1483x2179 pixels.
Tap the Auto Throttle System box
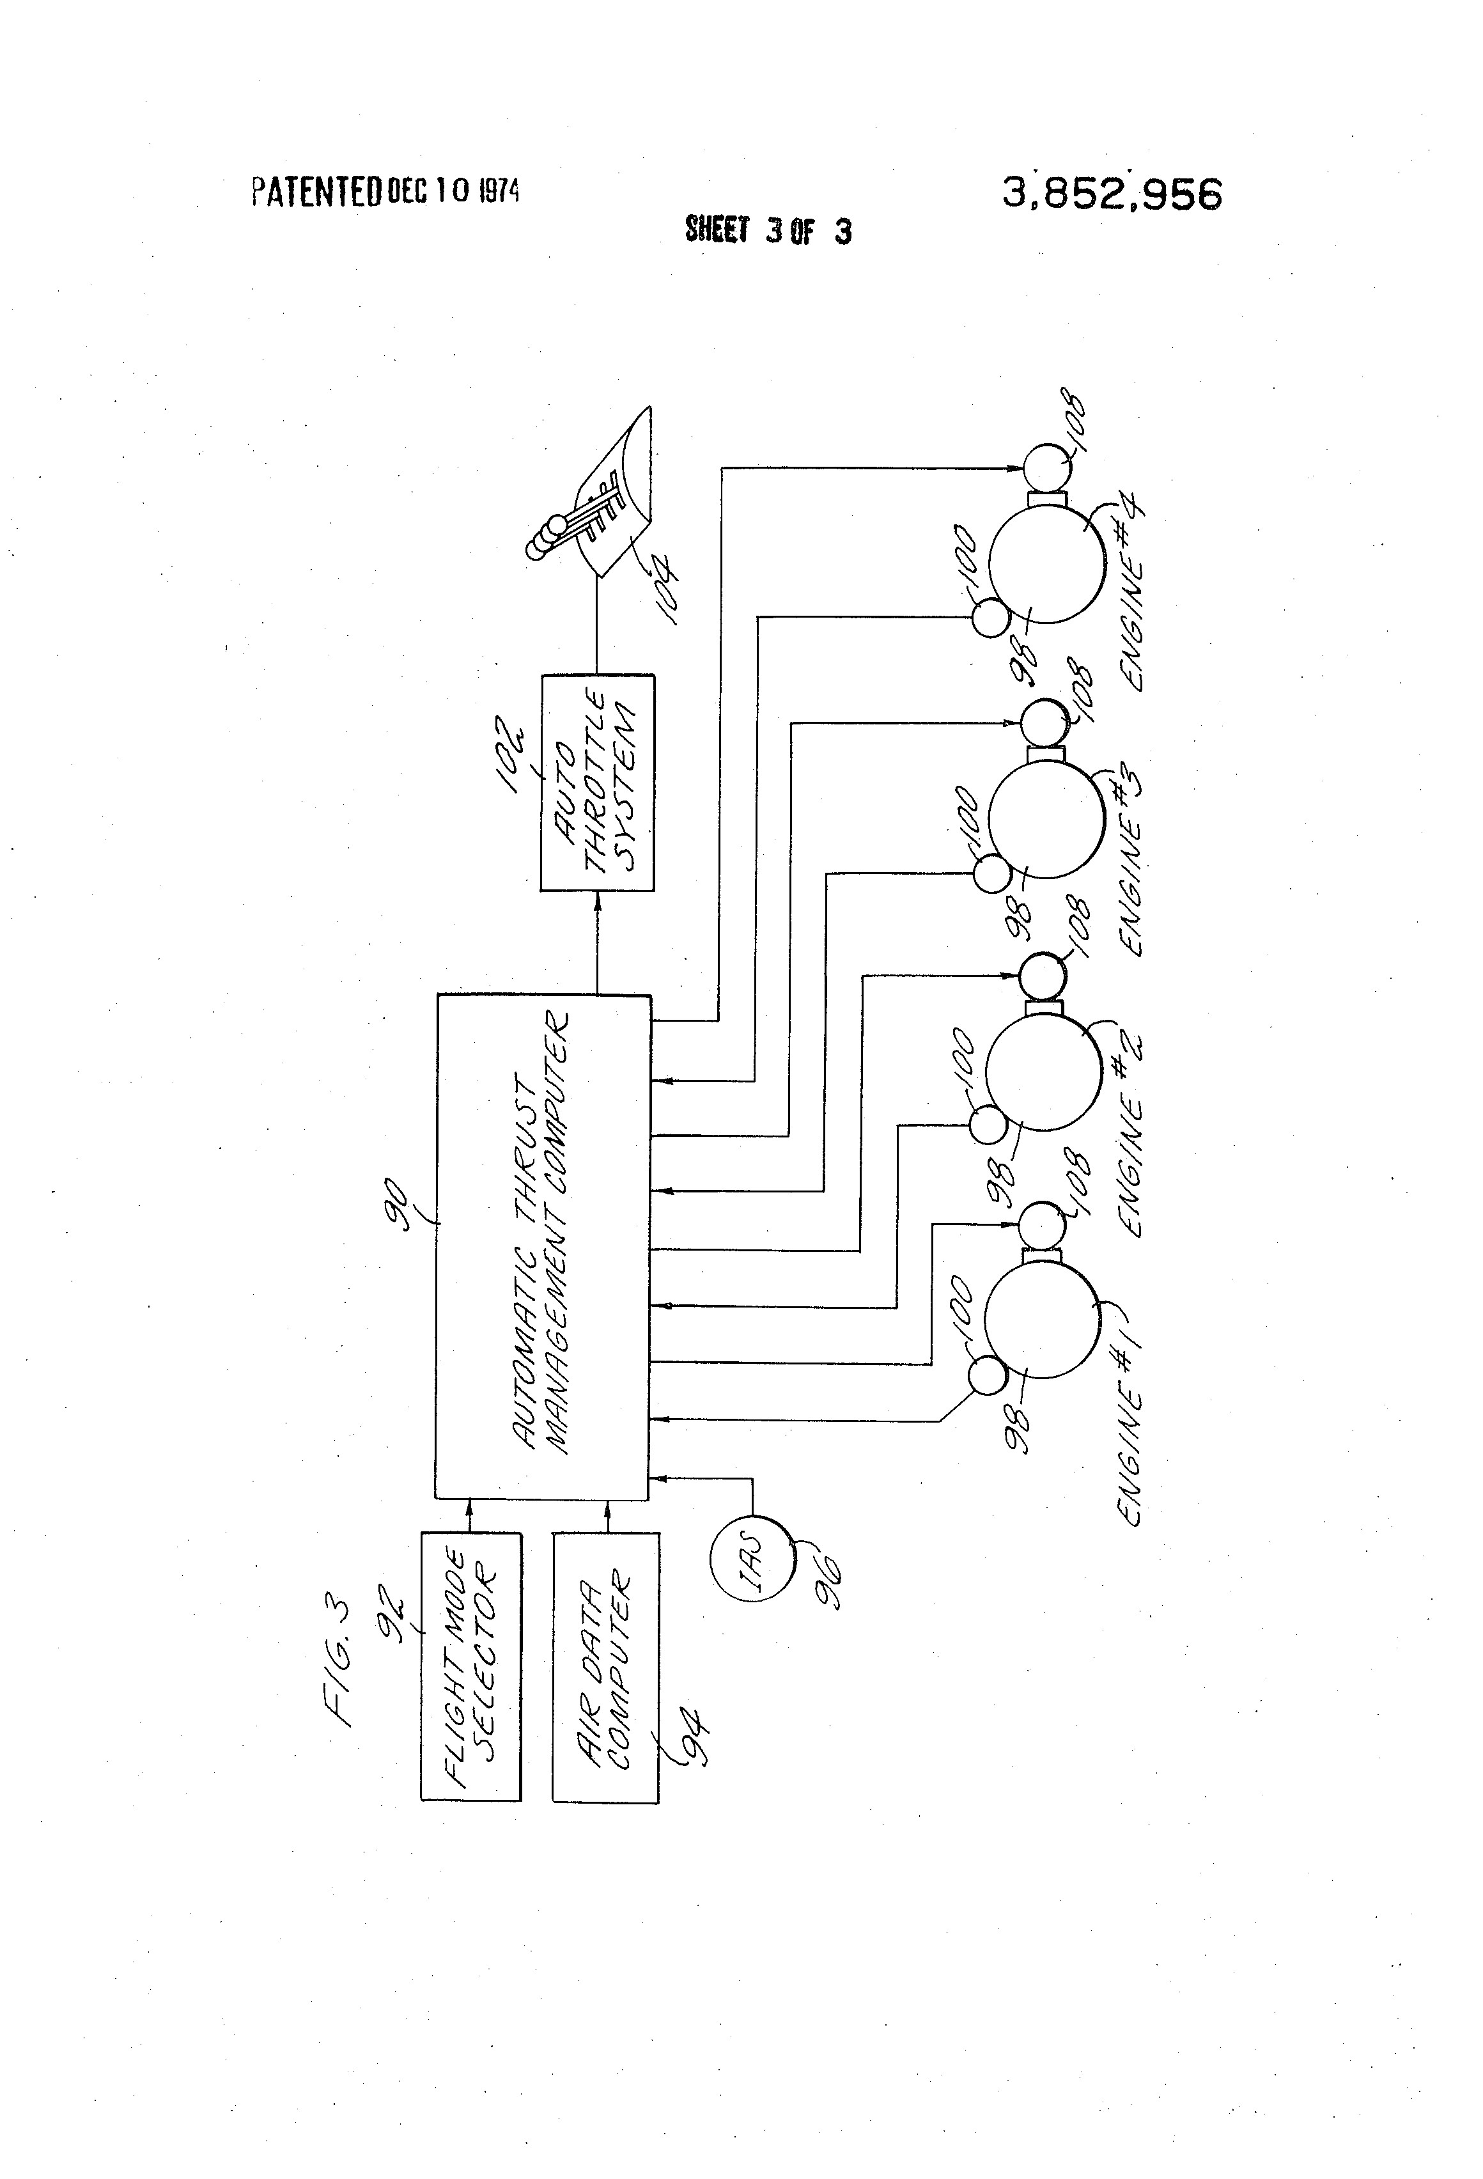tap(597, 782)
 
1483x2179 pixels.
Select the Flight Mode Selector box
tap(470, 1666)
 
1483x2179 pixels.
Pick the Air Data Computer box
tap(605, 1667)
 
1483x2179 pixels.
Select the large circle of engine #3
tap(1046, 820)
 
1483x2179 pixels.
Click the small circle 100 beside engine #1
tap(985, 1377)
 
